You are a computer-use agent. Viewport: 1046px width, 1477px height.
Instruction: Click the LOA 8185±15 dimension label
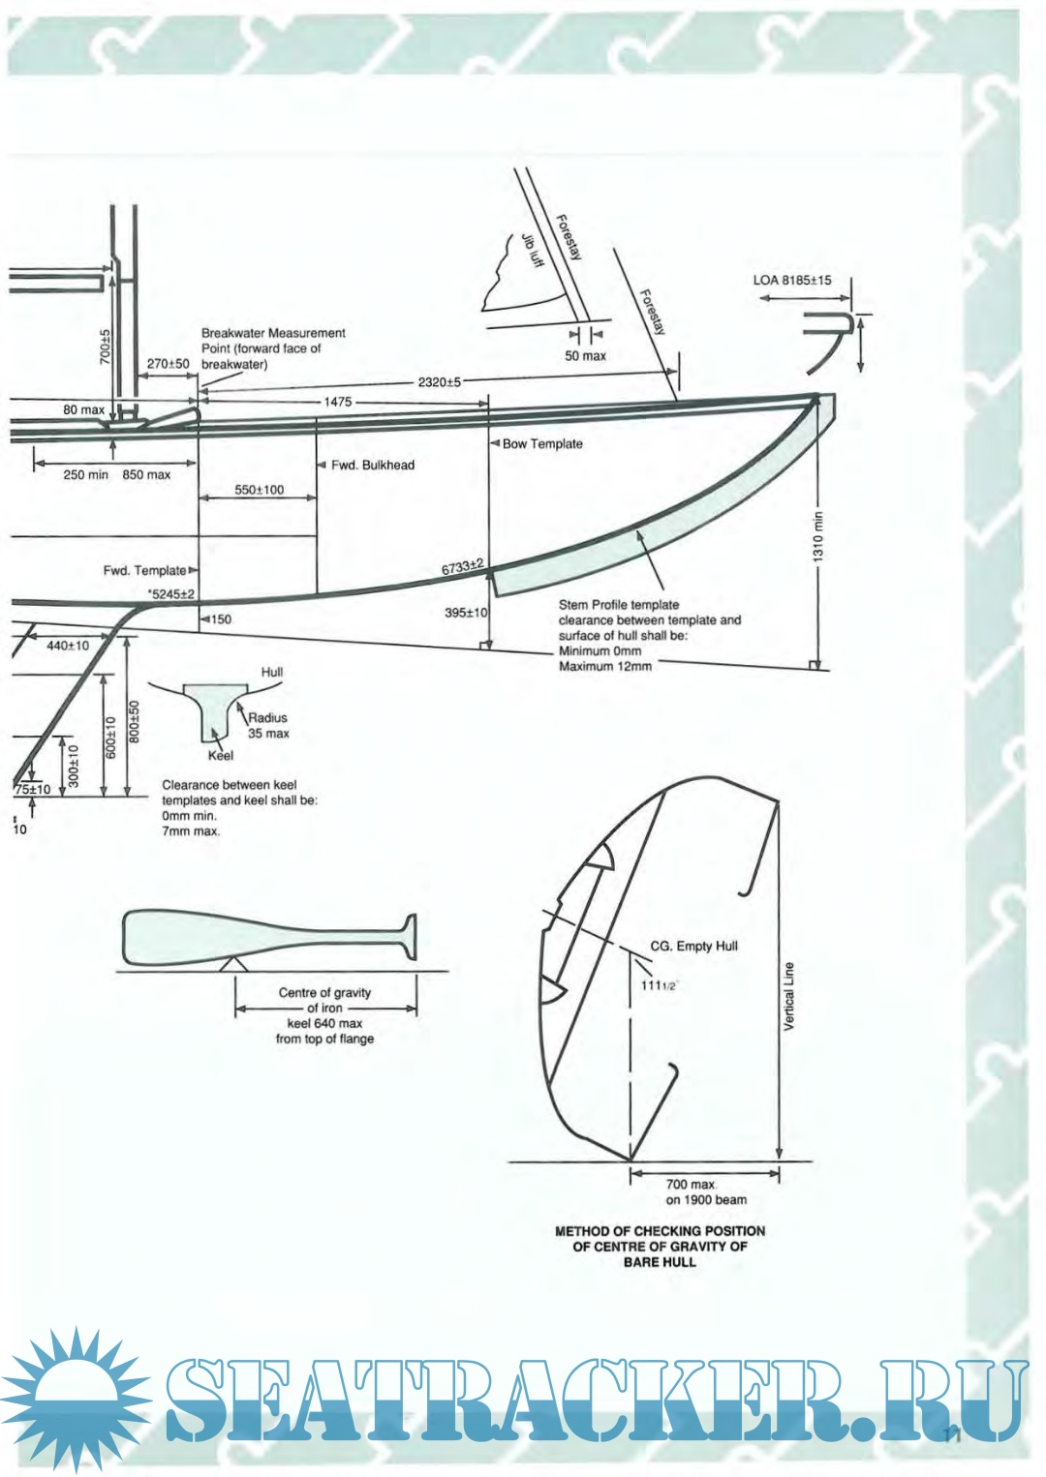791,280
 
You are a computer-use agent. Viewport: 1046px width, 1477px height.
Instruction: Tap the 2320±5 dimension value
439,382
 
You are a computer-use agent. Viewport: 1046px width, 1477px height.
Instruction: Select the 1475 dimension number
338,402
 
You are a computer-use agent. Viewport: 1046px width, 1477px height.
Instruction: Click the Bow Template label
542,444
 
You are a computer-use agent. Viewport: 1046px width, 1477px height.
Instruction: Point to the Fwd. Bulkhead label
372,466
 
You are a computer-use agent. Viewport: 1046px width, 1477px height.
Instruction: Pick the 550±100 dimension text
259,490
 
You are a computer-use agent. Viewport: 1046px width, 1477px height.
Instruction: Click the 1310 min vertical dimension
818,537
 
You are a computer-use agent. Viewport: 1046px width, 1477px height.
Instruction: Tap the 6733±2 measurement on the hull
462,567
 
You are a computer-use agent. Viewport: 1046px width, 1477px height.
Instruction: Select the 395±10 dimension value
466,613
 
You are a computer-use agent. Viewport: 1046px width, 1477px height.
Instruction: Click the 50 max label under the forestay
585,356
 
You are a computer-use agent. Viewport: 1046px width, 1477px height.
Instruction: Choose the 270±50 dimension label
168,365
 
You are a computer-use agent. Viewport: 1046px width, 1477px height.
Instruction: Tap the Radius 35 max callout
268,726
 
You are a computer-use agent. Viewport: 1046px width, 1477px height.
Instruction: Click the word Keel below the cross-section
220,756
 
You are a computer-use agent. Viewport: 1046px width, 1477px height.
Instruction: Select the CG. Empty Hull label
693,946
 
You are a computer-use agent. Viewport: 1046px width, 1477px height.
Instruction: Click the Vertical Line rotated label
788,996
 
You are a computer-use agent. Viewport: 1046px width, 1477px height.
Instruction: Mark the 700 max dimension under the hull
691,1185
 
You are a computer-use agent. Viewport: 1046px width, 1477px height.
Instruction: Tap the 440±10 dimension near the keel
68,646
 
